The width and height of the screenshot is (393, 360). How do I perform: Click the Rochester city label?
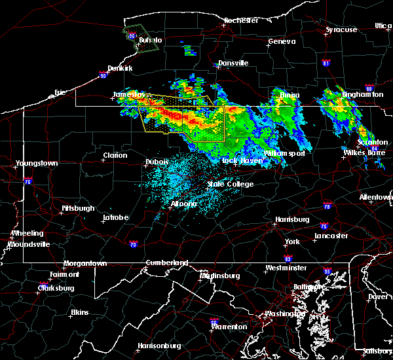click(x=241, y=20)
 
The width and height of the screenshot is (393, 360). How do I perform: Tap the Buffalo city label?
click(x=150, y=40)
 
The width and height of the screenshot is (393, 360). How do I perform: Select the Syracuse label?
click(x=341, y=29)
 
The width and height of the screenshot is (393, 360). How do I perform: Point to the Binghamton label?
click(x=362, y=94)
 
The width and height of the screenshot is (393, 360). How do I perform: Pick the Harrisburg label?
click(x=291, y=219)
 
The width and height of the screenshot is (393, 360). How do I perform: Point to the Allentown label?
click(x=376, y=197)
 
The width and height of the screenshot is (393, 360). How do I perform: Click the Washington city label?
click(x=282, y=314)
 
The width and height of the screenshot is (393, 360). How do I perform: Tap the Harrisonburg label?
click(x=159, y=345)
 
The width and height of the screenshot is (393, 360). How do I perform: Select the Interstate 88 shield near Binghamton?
click(x=369, y=88)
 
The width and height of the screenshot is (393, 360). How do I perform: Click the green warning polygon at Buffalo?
click(x=142, y=39)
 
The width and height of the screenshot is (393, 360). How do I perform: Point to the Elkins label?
click(x=79, y=312)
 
